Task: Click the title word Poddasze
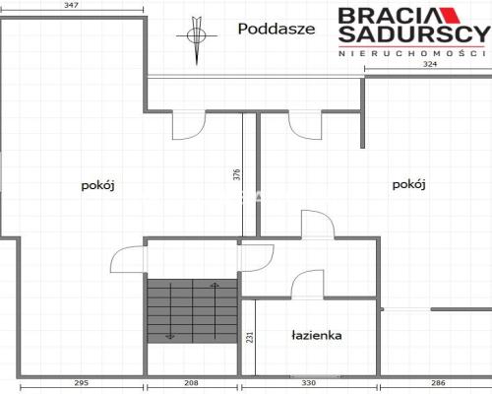point(277,29)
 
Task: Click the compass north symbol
point(198,36)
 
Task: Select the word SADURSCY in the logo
point(413,37)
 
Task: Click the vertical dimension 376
point(236,176)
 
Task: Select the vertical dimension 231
point(250,337)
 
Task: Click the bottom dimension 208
point(194,382)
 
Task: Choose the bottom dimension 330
point(307,382)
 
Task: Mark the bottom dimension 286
point(437,382)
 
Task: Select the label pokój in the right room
point(407,184)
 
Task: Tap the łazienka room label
point(316,335)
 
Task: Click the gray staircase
point(193,310)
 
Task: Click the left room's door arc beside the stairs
point(128,259)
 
